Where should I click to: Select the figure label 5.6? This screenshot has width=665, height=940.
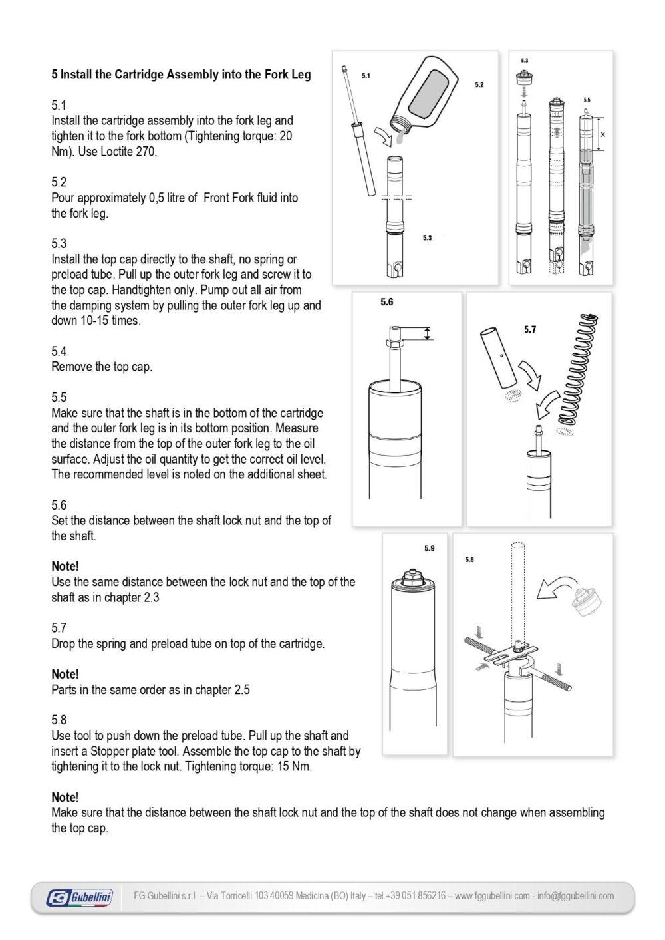click(x=387, y=302)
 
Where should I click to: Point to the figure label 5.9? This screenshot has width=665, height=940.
click(x=429, y=548)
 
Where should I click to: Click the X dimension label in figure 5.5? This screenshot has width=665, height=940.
click(x=603, y=134)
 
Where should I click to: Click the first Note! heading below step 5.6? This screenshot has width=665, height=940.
click(x=65, y=566)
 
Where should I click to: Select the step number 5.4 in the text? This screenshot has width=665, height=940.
click(x=59, y=351)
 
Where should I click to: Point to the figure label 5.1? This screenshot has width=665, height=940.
click(x=366, y=76)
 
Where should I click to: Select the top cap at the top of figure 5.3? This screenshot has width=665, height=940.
click(x=524, y=78)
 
